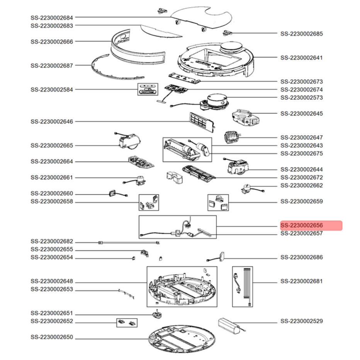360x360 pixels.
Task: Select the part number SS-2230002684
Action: click(52, 17)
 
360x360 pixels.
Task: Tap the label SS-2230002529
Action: click(302, 321)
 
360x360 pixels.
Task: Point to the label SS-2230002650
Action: click(52, 337)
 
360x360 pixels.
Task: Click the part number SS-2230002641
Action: click(302, 58)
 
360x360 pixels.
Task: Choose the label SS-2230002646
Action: click(52, 122)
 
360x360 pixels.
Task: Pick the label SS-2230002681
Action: click(302, 281)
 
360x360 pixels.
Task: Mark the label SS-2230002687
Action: click(52, 66)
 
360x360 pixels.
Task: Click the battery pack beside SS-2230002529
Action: click(232, 324)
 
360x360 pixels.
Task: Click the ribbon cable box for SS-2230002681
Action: click(242, 286)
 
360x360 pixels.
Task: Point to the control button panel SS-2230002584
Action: click(148, 90)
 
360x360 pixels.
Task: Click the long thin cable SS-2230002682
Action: click(129, 242)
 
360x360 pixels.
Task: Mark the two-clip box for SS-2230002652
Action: click(127, 321)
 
